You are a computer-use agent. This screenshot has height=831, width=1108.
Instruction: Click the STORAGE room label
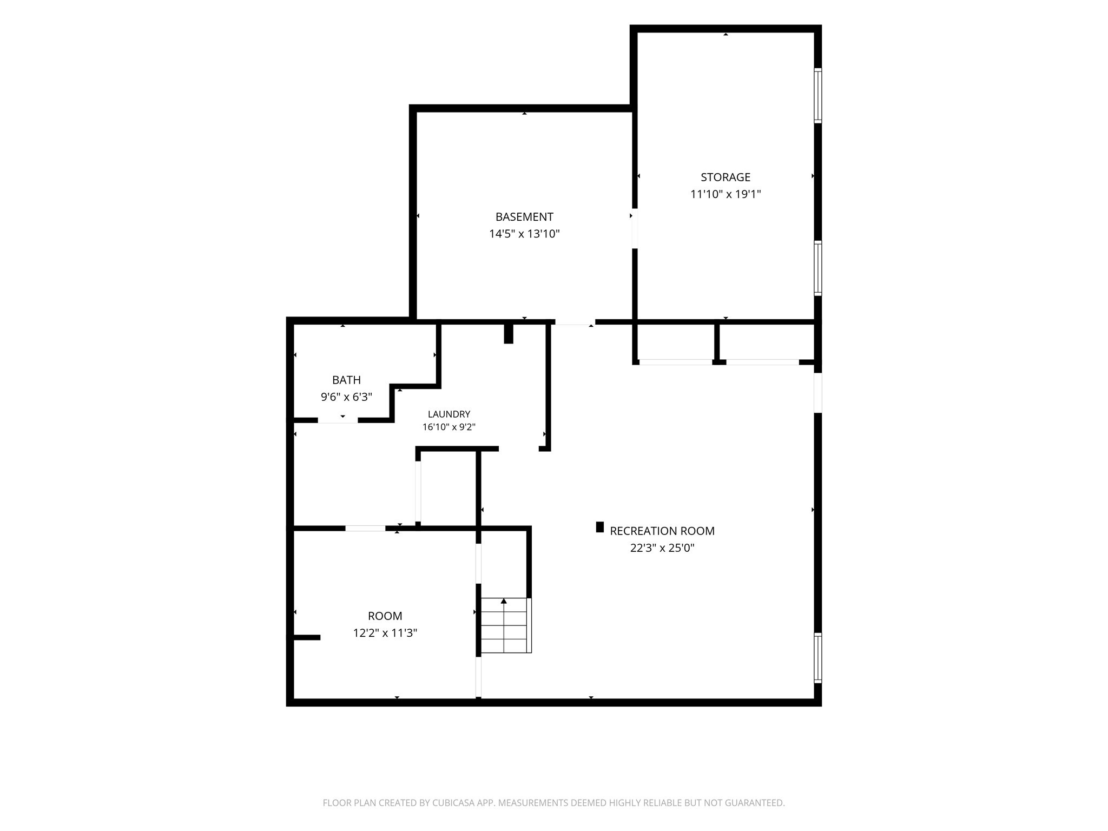click(726, 177)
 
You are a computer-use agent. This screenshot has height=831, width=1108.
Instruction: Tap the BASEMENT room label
click(524, 217)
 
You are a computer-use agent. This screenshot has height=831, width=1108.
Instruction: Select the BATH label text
click(346, 380)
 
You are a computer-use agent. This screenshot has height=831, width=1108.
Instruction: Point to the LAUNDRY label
click(449, 414)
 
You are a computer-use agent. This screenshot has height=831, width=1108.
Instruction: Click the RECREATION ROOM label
click(662, 531)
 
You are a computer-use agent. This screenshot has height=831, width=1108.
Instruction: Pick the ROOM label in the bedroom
click(385, 616)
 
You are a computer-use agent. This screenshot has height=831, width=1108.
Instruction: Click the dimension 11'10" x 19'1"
click(726, 194)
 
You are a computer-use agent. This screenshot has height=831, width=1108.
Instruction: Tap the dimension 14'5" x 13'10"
click(524, 234)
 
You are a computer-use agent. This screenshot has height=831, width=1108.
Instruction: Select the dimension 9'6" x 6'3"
click(346, 397)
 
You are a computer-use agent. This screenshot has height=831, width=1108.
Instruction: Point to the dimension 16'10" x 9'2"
click(449, 427)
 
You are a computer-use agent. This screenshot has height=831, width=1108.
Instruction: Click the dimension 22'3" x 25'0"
click(662, 548)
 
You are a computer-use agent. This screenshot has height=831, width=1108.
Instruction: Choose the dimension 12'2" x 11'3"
click(385, 633)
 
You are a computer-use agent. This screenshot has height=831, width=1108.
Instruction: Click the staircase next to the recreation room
click(506, 625)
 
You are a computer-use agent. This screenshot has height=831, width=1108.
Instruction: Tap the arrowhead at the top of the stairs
click(504, 601)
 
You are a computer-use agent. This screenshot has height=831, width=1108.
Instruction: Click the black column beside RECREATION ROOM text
click(599, 527)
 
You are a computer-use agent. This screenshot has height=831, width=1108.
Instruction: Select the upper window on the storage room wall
click(818, 96)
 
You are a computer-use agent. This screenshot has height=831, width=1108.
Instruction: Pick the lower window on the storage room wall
click(818, 268)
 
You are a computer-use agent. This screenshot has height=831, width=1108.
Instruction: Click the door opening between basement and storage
click(635, 228)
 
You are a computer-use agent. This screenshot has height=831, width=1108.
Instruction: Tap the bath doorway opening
click(338, 420)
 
